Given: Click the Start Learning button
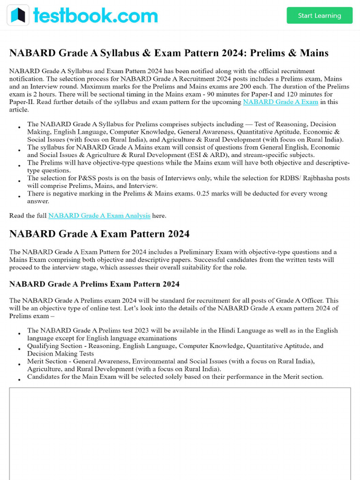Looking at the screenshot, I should click(x=319, y=15).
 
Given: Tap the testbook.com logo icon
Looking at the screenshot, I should click(x=18, y=15).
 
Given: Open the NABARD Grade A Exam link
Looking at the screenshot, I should click(x=280, y=102).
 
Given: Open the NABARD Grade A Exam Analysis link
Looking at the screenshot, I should click(x=99, y=216).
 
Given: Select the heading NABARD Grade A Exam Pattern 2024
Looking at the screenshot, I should click(x=99, y=234).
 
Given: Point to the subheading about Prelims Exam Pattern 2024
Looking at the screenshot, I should click(x=94, y=284).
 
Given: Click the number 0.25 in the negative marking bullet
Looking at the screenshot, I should click(x=248, y=193).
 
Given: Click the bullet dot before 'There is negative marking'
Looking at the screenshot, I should click(x=19, y=196).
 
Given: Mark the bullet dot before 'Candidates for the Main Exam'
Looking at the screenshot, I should click(x=19, y=380).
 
